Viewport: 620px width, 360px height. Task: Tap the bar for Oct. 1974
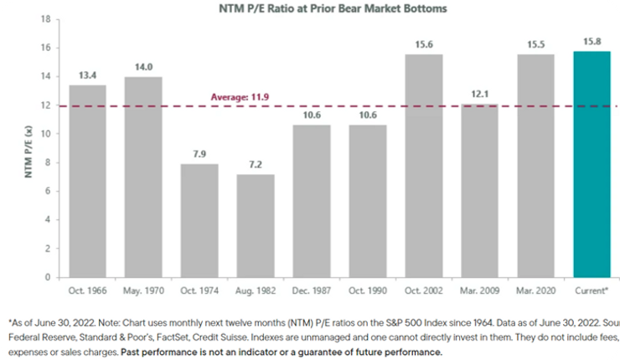199,221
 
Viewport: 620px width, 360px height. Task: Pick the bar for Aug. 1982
256,226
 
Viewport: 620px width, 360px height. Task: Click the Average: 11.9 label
242,97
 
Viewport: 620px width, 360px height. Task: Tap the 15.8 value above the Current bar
592,42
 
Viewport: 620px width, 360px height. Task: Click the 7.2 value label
256,165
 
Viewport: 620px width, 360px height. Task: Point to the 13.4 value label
87,76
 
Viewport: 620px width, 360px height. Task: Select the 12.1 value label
479,95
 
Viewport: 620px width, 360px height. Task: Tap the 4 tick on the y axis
49,219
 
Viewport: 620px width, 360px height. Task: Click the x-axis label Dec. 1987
311,291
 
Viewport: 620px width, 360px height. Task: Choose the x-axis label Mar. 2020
535,291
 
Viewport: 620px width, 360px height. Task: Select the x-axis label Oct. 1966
87,291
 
